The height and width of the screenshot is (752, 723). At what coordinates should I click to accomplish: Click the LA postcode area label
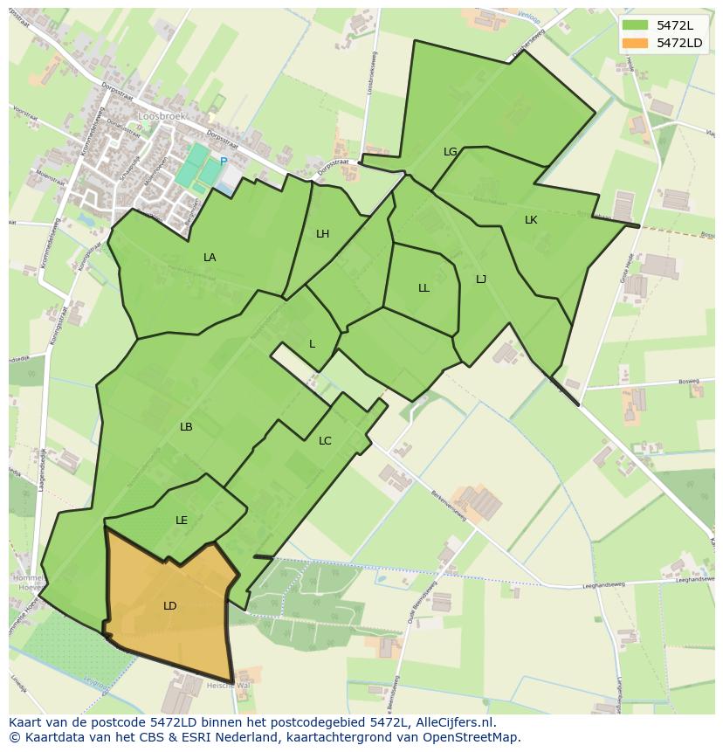[x=210, y=258]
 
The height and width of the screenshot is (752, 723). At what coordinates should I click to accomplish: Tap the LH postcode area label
[x=323, y=234]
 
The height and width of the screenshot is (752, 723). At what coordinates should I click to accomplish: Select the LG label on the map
[x=451, y=152]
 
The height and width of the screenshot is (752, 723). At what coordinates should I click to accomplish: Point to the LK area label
[x=531, y=220]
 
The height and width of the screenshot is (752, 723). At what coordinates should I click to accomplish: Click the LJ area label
[x=481, y=279]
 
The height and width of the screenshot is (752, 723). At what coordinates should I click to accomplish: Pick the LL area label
[x=423, y=288]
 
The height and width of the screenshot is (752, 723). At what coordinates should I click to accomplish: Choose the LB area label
[x=186, y=427]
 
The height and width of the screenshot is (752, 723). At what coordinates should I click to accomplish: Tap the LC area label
[x=325, y=441]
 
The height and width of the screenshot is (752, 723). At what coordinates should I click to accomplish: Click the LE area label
[x=182, y=521]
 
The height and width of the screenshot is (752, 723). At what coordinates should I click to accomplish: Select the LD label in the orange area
[x=170, y=606]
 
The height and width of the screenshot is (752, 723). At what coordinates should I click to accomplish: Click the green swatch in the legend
[x=636, y=25]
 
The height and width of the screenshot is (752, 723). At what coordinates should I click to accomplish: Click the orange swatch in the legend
[x=636, y=43]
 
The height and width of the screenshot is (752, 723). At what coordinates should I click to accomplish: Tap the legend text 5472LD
[x=681, y=43]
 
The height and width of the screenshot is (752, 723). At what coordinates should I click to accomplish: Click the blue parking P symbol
[x=224, y=162]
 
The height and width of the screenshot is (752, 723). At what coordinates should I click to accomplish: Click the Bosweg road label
[x=689, y=383]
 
